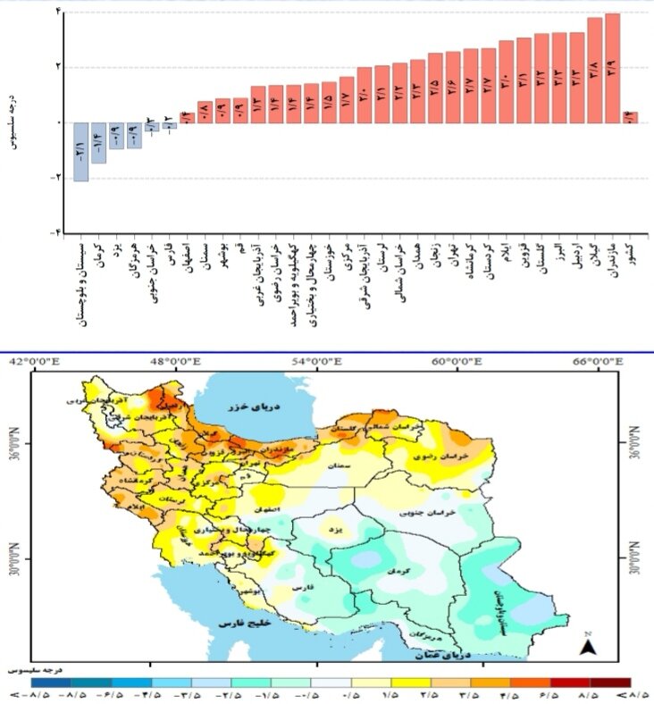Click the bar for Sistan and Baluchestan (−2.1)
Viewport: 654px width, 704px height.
point(80,151)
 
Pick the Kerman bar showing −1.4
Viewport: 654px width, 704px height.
point(98,142)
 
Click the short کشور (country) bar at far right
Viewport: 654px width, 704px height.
point(630,117)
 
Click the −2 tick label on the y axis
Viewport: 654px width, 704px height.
point(55,177)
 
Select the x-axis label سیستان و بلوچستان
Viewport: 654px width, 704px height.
point(81,282)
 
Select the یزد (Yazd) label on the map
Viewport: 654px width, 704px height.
point(335,530)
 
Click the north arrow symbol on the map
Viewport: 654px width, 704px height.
point(588,647)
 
